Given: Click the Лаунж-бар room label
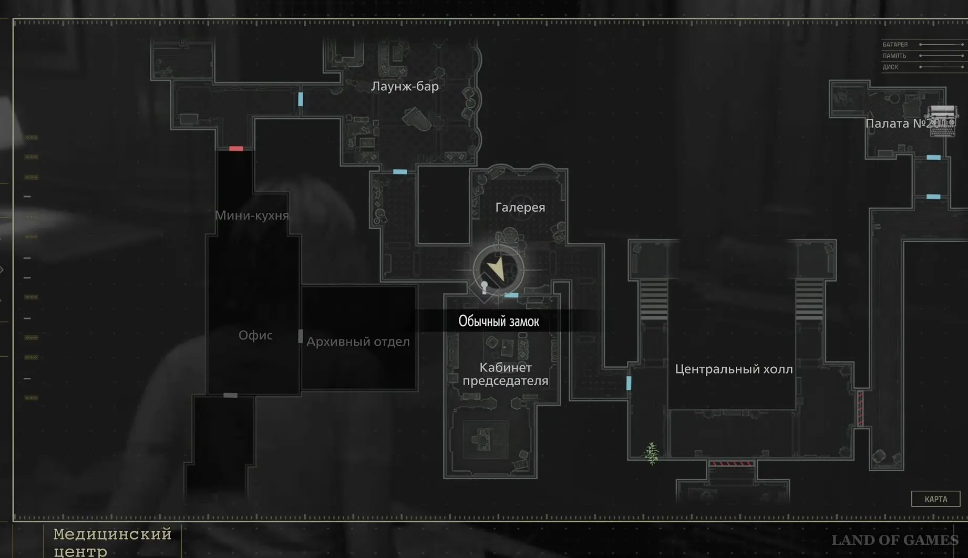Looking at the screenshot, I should click(x=405, y=86).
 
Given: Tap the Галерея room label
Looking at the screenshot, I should click(x=520, y=208).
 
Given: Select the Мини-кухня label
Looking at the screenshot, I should click(x=252, y=215).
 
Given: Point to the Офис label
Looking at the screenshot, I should click(x=255, y=335).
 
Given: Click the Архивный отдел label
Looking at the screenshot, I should click(x=358, y=342).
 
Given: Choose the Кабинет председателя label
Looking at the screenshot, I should click(x=505, y=374).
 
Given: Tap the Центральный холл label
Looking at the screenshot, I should click(x=734, y=369).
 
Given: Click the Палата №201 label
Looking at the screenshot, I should click(x=904, y=123).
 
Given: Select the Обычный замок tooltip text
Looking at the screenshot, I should click(x=499, y=321).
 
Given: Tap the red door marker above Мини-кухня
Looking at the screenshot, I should click(x=236, y=149).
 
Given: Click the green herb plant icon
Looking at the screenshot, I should click(x=652, y=453).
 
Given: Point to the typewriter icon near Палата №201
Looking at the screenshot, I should click(x=942, y=121).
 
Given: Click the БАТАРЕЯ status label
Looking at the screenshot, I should click(x=895, y=45).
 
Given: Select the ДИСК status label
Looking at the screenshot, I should click(x=890, y=67).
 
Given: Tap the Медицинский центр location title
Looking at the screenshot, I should click(x=112, y=542).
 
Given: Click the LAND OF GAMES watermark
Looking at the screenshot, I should click(x=894, y=540).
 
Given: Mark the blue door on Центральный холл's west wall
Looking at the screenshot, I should click(x=629, y=383).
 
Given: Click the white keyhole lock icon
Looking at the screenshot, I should click(x=484, y=287).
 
